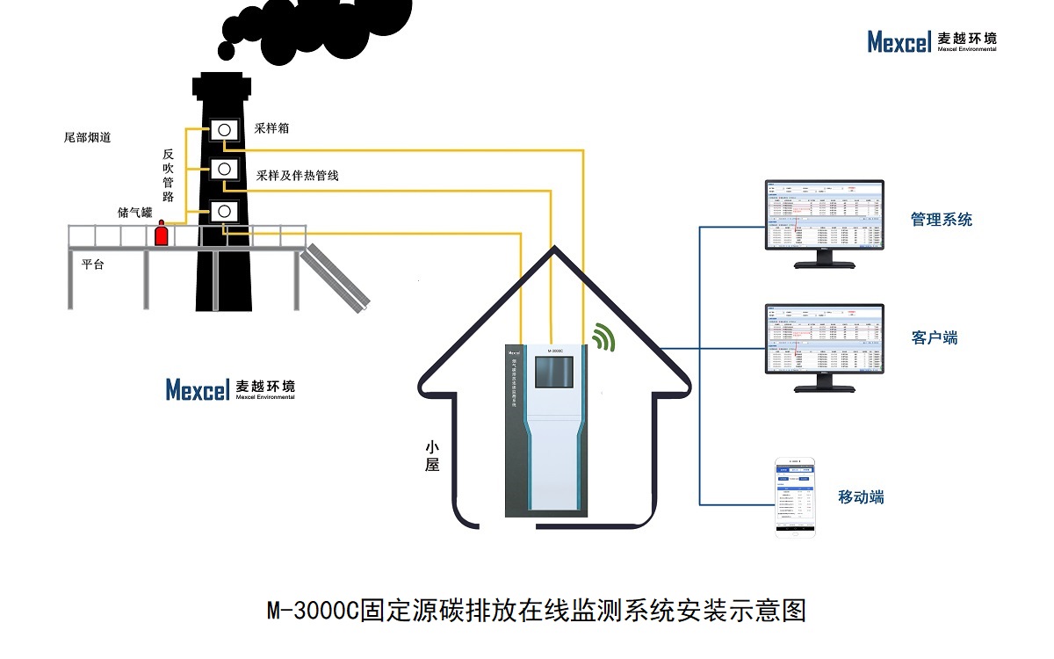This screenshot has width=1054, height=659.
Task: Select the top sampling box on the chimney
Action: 224,130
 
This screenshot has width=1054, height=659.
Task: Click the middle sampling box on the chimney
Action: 224,168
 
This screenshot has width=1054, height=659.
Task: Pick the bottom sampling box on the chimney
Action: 224,211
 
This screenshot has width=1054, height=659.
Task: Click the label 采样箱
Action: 272,128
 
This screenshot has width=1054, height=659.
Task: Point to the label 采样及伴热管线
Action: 297,176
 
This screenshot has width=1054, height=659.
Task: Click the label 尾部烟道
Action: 88,138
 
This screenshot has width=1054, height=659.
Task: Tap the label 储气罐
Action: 135,213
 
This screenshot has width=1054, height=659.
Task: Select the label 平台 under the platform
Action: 92,264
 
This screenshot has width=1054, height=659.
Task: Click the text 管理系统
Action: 942,220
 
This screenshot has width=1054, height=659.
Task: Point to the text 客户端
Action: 935,337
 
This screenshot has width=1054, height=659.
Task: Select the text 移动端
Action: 861,497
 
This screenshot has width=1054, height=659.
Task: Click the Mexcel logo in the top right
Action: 932,41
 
